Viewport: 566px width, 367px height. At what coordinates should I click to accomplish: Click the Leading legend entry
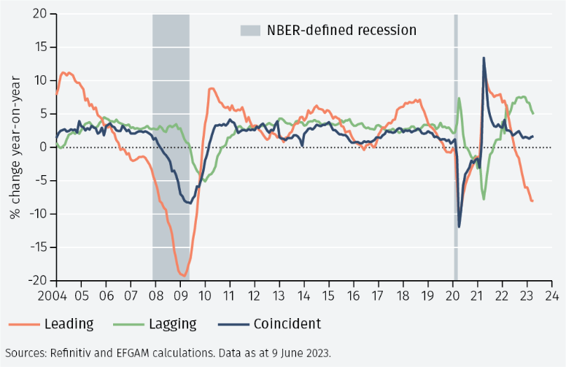point(69,324)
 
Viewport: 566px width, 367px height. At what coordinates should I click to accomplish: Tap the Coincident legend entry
point(287,324)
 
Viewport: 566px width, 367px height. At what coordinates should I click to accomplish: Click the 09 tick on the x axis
point(180,296)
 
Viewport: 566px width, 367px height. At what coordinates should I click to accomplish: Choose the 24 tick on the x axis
point(552,296)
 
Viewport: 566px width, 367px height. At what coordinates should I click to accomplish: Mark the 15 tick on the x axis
point(329,296)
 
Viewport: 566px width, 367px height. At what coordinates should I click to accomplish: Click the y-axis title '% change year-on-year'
point(15,147)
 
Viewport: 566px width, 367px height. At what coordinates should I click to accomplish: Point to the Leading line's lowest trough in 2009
point(183,276)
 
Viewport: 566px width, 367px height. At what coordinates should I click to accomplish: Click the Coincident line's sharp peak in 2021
point(484,58)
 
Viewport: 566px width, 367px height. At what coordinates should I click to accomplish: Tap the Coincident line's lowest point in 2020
point(460,226)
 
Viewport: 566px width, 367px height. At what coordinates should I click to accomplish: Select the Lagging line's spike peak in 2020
point(460,98)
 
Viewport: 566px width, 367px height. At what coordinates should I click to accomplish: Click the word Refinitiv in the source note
point(73,353)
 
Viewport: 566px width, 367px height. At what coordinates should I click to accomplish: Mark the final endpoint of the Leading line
point(532,201)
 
